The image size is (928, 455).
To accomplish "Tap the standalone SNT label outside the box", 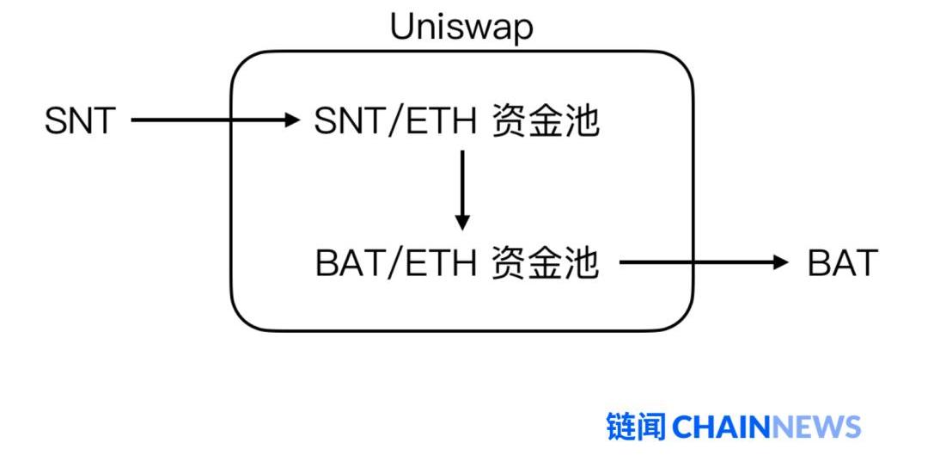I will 79,121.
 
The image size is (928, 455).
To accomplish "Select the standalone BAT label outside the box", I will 842,262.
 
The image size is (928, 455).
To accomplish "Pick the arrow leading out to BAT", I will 700,262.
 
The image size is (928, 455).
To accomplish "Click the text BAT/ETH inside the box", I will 396,263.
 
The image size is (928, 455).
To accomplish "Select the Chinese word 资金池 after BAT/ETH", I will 545,263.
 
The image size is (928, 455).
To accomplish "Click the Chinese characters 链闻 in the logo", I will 636,427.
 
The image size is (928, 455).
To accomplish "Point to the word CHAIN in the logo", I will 722,427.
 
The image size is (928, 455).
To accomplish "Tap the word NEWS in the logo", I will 816,427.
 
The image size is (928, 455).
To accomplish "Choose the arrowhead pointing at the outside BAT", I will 780,262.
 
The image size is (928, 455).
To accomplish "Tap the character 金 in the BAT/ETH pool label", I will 545,263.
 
